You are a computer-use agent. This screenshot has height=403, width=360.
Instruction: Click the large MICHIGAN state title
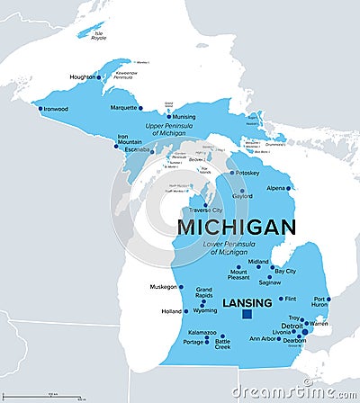click(x=236, y=227)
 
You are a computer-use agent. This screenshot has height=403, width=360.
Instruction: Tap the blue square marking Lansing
click(x=247, y=315)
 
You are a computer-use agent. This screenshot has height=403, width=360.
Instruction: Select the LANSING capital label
click(x=247, y=302)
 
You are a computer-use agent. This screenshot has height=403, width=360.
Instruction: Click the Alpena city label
click(x=275, y=188)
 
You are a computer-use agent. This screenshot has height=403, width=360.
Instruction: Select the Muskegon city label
click(x=163, y=287)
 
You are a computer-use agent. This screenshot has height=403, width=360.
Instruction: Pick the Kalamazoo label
click(x=202, y=332)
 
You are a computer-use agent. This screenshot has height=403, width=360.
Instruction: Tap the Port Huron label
click(x=320, y=302)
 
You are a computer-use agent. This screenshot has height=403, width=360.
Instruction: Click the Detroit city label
click(x=291, y=325)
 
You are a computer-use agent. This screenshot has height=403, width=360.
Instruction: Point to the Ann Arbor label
click(x=262, y=339)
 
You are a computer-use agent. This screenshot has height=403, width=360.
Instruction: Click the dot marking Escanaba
click(x=153, y=149)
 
